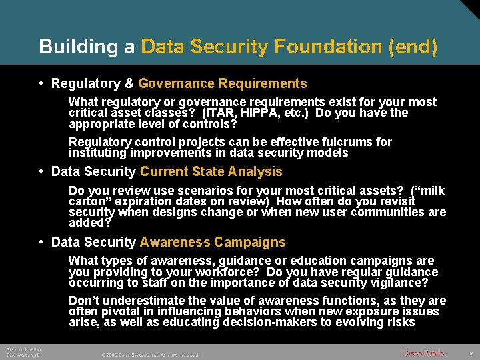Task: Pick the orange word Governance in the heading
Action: click(x=175, y=84)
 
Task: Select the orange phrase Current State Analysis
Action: click(x=211, y=172)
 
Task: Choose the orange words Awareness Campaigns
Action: click(x=213, y=243)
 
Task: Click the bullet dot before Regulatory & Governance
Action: click(x=41, y=84)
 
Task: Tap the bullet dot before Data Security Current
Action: click(x=41, y=172)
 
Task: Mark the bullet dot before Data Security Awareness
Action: click(x=41, y=243)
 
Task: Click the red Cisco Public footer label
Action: click(x=424, y=353)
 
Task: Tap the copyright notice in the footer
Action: click(x=150, y=355)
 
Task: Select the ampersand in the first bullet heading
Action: click(x=130, y=84)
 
